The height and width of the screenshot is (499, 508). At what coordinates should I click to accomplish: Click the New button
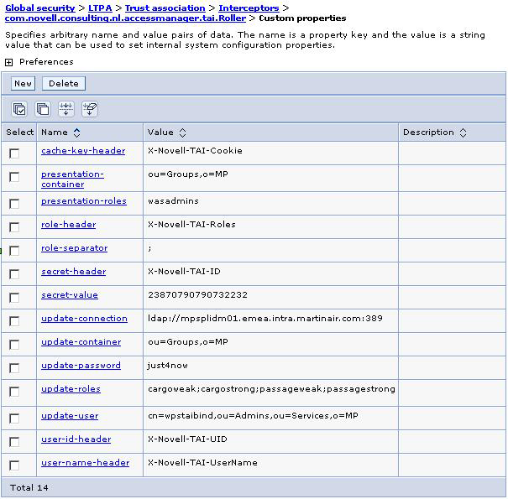coord(23,84)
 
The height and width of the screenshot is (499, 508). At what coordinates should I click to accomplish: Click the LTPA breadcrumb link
coord(100,8)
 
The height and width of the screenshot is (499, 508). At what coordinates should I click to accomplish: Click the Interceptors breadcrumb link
coord(249,8)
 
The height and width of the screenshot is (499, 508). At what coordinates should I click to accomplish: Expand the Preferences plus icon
coord(9,62)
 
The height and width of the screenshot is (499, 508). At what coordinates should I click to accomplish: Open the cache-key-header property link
coord(83,151)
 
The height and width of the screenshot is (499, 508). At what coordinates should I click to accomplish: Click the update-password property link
coord(81,366)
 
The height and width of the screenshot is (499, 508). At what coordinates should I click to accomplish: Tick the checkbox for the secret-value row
coord(14,298)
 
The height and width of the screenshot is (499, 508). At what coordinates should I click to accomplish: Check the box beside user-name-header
coord(14,465)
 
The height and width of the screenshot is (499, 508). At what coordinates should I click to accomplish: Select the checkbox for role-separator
coord(14,251)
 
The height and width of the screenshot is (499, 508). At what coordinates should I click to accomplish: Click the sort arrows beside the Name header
coord(77,133)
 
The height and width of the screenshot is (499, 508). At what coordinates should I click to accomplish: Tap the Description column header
coord(428,133)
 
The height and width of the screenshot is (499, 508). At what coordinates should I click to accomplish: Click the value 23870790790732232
coord(197,295)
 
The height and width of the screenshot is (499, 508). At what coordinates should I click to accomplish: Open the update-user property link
coord(70,416)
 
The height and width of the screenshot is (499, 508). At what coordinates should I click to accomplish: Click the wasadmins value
coord(173,201)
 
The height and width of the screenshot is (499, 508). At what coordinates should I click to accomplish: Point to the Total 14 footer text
coord(29,487)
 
